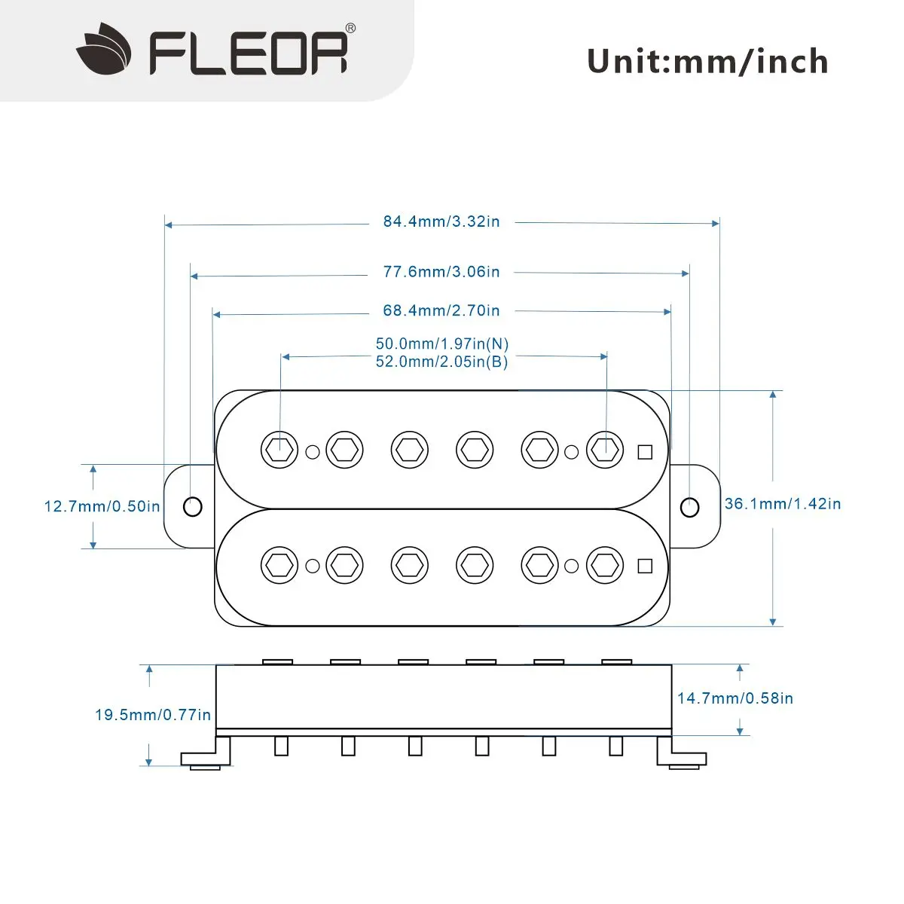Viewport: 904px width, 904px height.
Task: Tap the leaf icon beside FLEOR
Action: (104, 50)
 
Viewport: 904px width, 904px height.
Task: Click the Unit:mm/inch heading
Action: (707, 61)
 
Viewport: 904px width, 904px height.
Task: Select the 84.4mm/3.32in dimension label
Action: (441, 221)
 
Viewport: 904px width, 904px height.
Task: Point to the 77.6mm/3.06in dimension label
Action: (441, 271)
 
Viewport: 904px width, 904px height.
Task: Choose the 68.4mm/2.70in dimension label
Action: (441, 310)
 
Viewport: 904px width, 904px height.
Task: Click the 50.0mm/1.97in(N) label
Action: (442, 344)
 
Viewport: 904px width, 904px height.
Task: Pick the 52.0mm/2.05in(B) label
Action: (442, 362)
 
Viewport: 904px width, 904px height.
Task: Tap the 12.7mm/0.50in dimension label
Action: (102, 506)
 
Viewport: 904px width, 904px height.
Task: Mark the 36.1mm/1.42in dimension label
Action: (783, 504)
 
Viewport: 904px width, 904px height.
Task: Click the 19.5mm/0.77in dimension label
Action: (153, 715)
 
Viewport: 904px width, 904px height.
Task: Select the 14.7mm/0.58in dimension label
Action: (735, 698)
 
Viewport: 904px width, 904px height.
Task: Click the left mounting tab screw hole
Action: (193, 506)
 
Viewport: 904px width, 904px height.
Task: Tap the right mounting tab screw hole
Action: (689, 507)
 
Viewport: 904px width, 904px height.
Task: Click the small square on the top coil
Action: (645, 452)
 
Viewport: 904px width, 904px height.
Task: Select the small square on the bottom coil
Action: (645, 566)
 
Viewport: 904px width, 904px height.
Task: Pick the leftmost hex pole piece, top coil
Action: (279, 450)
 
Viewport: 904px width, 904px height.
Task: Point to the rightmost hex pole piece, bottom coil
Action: (605, 566)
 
